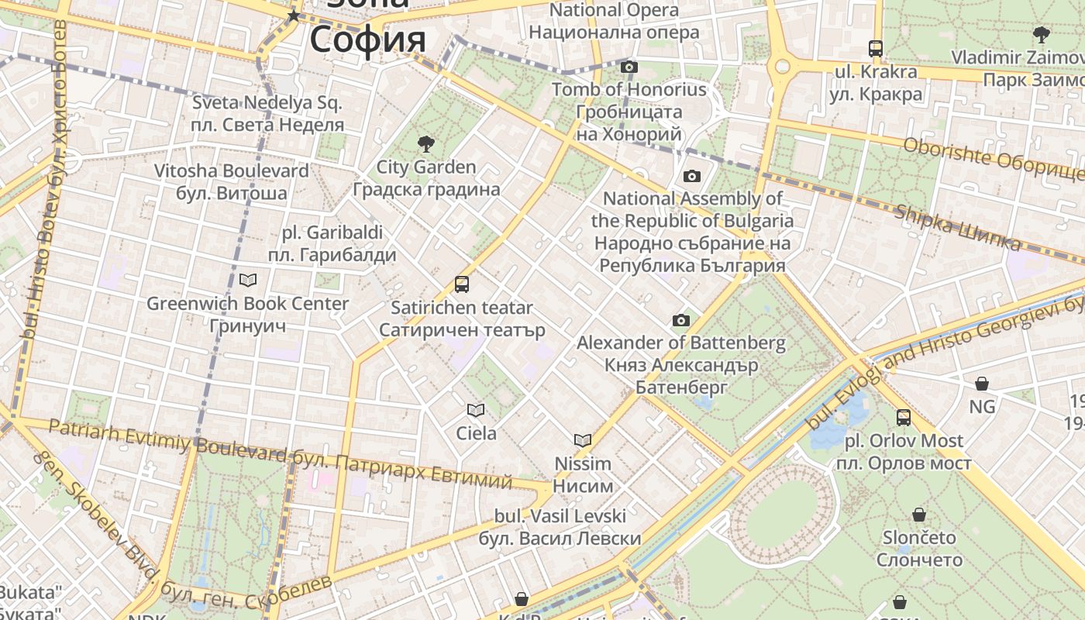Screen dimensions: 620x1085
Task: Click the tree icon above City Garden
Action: click(x=425, y=143)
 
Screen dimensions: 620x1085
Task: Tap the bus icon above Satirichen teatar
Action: click(x=462, y=284)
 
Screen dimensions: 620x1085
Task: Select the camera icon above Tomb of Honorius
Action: click(x=629, y=67)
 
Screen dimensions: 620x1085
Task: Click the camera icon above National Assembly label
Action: click(x=692, y=176)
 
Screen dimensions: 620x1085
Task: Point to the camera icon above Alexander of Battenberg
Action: click(x=681, y=320)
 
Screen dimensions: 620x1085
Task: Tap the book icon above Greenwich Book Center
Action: click(x=248, y=280)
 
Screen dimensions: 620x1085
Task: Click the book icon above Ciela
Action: click(x=476, y=410)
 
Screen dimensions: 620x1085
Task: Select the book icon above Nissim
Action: click(x=583, y=440)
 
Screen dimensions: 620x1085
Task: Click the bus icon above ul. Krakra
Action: click(x=876, y=49)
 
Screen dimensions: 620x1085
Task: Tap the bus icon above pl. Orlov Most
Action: click(x=904, y=418)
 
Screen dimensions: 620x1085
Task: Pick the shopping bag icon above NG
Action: click(x=982, y=384)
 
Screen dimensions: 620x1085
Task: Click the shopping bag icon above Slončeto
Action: click(x=919, y=515)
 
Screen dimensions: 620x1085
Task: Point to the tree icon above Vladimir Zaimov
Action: click(x=1041, y=34)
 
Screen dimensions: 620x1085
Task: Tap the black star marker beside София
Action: click(x=294, y=15)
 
